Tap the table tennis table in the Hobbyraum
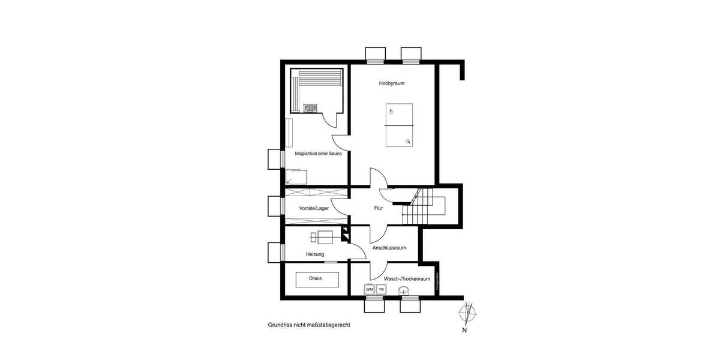coord(398,125)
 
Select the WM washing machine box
coord(370,289)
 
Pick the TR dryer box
coord(381,289)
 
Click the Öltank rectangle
coord(316,279)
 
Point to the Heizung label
coord(315,254)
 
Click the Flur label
coord(379,208)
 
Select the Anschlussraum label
coord(389,247)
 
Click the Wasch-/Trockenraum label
coord(407,278)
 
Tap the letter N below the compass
coord(464,330)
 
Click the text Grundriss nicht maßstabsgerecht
coord(308,325)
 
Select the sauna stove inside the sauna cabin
coord(311,108)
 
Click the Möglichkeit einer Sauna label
coord(318,154)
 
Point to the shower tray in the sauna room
coord(297,176)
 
